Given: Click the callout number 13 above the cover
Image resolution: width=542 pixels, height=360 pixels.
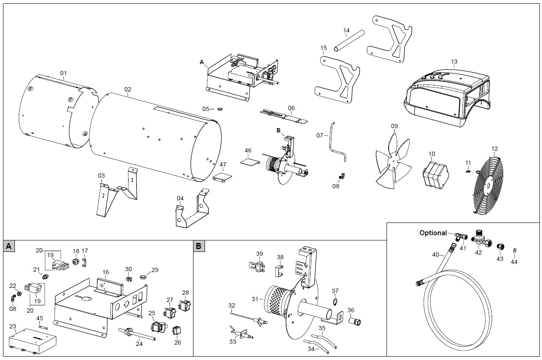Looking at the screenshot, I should [454, 61].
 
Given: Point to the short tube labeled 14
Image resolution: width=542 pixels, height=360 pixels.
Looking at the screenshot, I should [349, 41].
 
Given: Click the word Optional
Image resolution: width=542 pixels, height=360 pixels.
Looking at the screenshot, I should [433, 233].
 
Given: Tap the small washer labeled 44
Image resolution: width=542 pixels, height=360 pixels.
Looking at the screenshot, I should [515, 249].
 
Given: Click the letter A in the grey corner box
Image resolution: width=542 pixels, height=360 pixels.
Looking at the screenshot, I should [9, 246].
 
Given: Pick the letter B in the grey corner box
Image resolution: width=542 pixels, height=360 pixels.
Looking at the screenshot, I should [199, 246].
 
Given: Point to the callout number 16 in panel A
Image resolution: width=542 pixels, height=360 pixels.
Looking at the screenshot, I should [105, 272].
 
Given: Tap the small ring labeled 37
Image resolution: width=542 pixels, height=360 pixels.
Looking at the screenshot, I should [335, 303].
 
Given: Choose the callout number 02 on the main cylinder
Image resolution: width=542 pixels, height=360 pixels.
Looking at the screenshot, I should [128, 89].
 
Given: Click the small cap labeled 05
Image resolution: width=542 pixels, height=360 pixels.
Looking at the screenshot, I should [220, 109].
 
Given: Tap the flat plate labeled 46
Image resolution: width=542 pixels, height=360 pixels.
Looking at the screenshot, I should [249, 162].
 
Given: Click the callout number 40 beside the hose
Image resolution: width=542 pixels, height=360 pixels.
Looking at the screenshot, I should [436, 255].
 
